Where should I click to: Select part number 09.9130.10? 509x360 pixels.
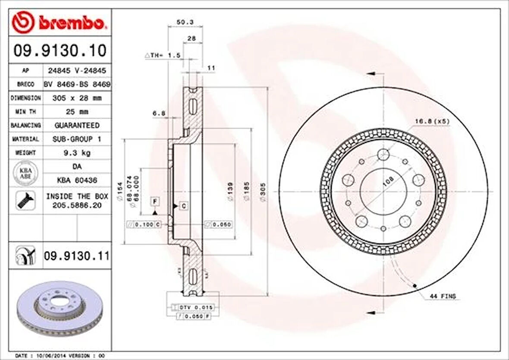(x=60, y=51)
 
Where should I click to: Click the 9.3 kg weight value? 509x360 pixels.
(x=76, y=153)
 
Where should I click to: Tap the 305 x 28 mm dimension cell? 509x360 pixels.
(x=76, y=98)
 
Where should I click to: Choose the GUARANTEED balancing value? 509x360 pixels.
(x=76, y=125)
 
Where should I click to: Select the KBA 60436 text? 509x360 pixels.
(x=76, y=180)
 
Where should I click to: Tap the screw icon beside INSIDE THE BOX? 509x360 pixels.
(x=25, y=201)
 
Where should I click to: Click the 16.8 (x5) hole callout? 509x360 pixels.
(x=432, y=121)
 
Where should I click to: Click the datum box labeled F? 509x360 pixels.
(x=154, y=201)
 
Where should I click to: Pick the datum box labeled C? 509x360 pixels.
(x=183, y=206)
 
